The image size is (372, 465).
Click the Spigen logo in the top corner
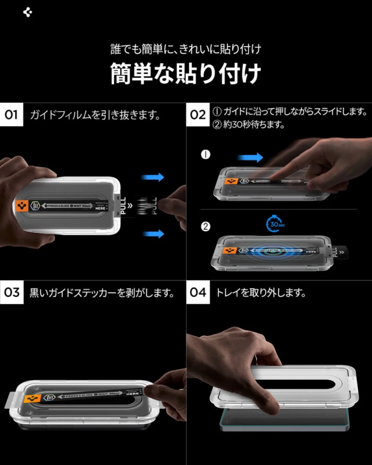[27, 13]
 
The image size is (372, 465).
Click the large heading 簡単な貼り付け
[185, 74]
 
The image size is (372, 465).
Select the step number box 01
[12, 115]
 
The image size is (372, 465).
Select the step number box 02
[198, 115]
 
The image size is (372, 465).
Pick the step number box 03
[12, 292]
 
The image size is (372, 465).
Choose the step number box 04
[198, 292]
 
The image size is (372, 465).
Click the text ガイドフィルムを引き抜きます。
[95, 115]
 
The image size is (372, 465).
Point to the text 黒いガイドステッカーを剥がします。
[102, 293]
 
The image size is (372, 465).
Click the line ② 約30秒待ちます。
[251, 124]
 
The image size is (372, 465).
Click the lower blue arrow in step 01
[153, 234]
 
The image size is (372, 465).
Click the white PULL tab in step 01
[122, 205]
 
